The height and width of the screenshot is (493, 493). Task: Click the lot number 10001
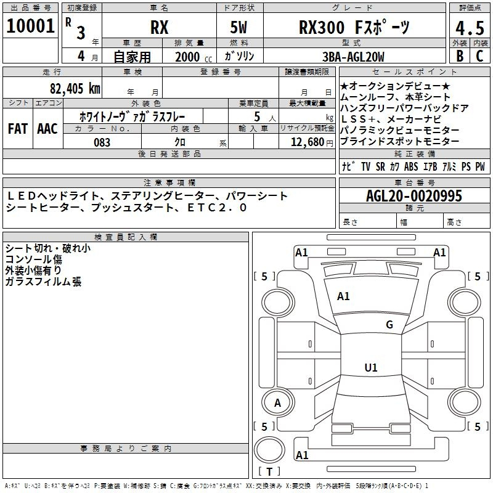[30, 26]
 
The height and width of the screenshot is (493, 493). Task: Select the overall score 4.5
[469, 28]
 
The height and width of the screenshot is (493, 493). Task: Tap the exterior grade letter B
[460, 55]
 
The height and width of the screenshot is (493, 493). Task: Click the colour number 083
[102, 142]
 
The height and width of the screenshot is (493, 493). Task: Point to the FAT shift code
[17, 129]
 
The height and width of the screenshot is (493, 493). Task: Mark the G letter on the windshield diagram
[389, 325]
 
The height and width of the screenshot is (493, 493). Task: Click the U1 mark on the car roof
[370, 368]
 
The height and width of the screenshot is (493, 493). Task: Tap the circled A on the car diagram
[277, 403]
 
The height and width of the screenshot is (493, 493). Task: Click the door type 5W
[241, 28]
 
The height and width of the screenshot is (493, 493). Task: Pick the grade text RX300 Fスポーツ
[354, 28]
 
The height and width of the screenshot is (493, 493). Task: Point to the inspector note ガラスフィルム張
[43, 282]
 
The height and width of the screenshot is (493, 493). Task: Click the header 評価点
[470, 8]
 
